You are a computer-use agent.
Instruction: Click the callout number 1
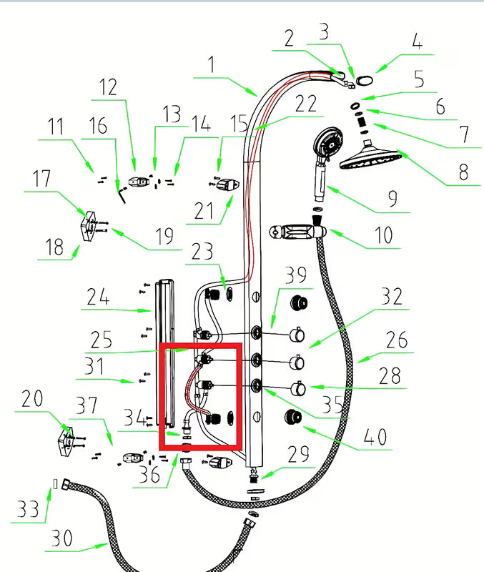[x=212, y=66]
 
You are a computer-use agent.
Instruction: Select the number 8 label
[x=463, y=172]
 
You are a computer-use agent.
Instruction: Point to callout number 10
[x=384, y=235]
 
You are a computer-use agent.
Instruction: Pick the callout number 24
[x=98, y=296]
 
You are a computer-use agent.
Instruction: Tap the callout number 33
[x=28, y=508]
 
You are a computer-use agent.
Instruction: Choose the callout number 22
[x=306, y=103]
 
